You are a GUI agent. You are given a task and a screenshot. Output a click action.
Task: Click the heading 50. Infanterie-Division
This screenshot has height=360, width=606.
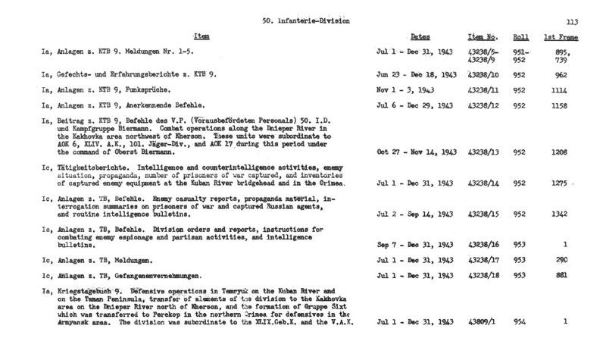pos(305,21)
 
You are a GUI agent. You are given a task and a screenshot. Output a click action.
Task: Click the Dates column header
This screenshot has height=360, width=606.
pos(420,36)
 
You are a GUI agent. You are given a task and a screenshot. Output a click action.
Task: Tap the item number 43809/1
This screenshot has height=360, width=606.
pos(480,322)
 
